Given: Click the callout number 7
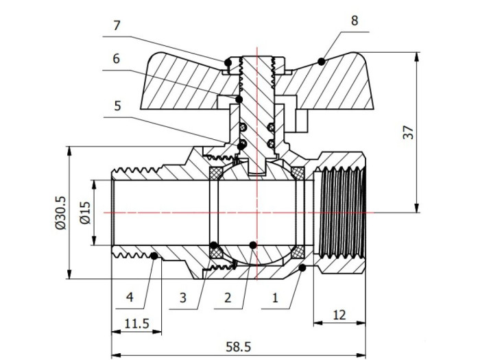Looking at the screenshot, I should [117, 25].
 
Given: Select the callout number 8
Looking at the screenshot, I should [354, 21].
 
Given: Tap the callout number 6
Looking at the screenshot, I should [117, 60].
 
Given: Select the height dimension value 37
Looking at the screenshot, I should [409, 133].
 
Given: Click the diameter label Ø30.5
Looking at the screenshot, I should [60, 213].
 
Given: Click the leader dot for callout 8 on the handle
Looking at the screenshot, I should [321, 62].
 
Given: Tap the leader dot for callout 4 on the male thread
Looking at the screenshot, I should [155, 256].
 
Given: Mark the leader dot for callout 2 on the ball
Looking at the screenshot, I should [253, 244].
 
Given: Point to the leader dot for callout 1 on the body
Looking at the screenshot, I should [302, 269].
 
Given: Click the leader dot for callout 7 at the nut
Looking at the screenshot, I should [226, 64].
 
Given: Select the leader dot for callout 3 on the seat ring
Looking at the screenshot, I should [215, 245].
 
